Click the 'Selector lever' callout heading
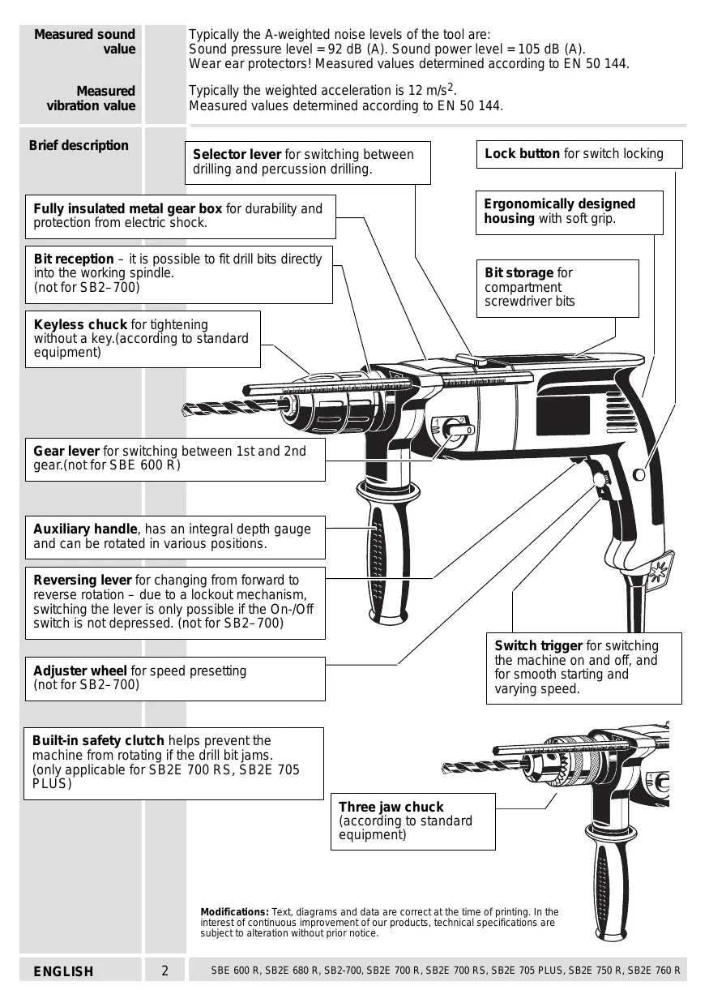click(x=237, y=154)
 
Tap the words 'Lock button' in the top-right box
click(x=522, y=153)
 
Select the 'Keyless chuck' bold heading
click(x=80, y=324)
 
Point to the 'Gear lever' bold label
click(x=66, y=451)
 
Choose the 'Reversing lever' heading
click(x=83, y=580)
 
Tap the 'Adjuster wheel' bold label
click(x=80, y=671)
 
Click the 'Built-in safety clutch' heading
click(x=98, y=740)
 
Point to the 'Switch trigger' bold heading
click(x=538, y=645)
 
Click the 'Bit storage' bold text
click(x=519, y=272)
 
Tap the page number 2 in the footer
click(x=165, y=971)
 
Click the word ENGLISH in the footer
click(x=63, y=971)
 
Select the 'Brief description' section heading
click(x=79, y=145)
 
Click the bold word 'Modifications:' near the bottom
click(x=234, y=911)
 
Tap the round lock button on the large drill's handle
click(x=639, y=475)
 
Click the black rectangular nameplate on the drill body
click(x=563, y=416)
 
